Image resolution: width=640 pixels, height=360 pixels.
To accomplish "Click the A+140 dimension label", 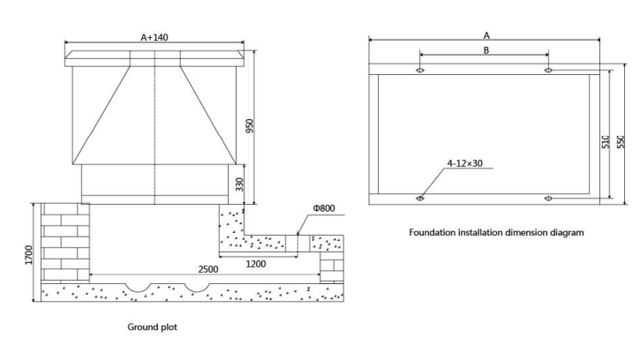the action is tap(154, 37).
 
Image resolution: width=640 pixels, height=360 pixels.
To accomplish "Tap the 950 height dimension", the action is tap(250, 125).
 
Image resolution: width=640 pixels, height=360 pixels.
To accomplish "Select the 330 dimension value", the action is tap(239, 184).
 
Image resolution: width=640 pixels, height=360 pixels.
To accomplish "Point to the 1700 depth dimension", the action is tap(28, 255).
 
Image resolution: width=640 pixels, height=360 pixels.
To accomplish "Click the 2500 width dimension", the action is tap(208, 269).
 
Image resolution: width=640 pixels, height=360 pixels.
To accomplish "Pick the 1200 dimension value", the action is tap(256, 264).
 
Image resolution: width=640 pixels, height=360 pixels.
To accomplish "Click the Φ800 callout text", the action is tap(324, 208).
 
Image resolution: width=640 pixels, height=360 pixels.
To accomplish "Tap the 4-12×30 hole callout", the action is tap(465, 163).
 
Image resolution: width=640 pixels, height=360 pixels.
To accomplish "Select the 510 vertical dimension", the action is tap(606, 142).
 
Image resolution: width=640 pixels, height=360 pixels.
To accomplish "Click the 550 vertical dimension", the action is tap(621, 142).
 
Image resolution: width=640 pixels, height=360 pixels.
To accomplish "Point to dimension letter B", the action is tap(486, 50).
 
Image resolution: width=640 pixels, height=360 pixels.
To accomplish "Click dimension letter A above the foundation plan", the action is tap(486, 35).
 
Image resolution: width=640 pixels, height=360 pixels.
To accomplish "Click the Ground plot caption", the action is tap(152, 327).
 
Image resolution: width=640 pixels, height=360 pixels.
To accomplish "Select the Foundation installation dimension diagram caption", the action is tap(496, 233).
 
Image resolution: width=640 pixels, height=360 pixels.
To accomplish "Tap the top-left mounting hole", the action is tap(420, 71).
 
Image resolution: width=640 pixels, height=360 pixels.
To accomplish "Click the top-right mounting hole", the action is tap(548, 71).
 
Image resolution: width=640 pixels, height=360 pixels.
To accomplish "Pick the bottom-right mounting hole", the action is tap(548, 199).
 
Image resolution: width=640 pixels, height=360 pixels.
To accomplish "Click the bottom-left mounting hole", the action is tap(420, 199).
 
